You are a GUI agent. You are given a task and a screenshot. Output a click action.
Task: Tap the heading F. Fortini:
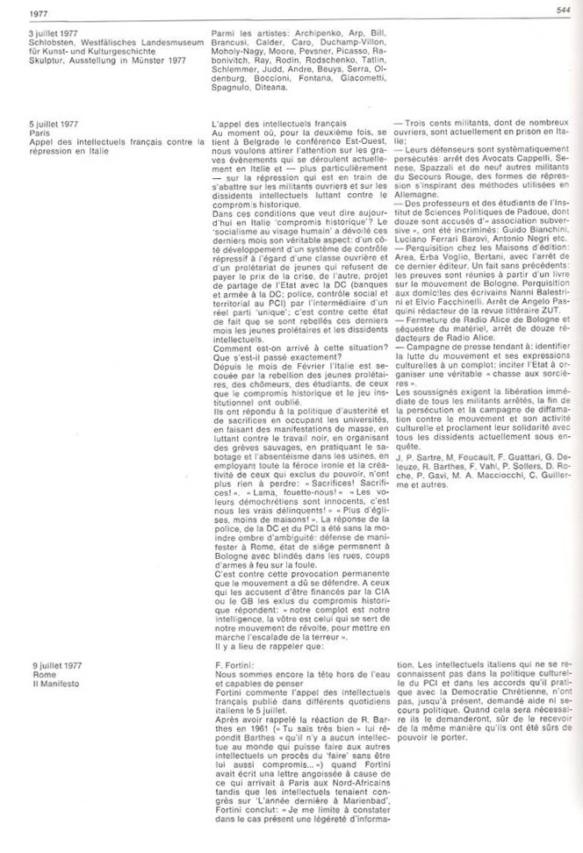229,665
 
